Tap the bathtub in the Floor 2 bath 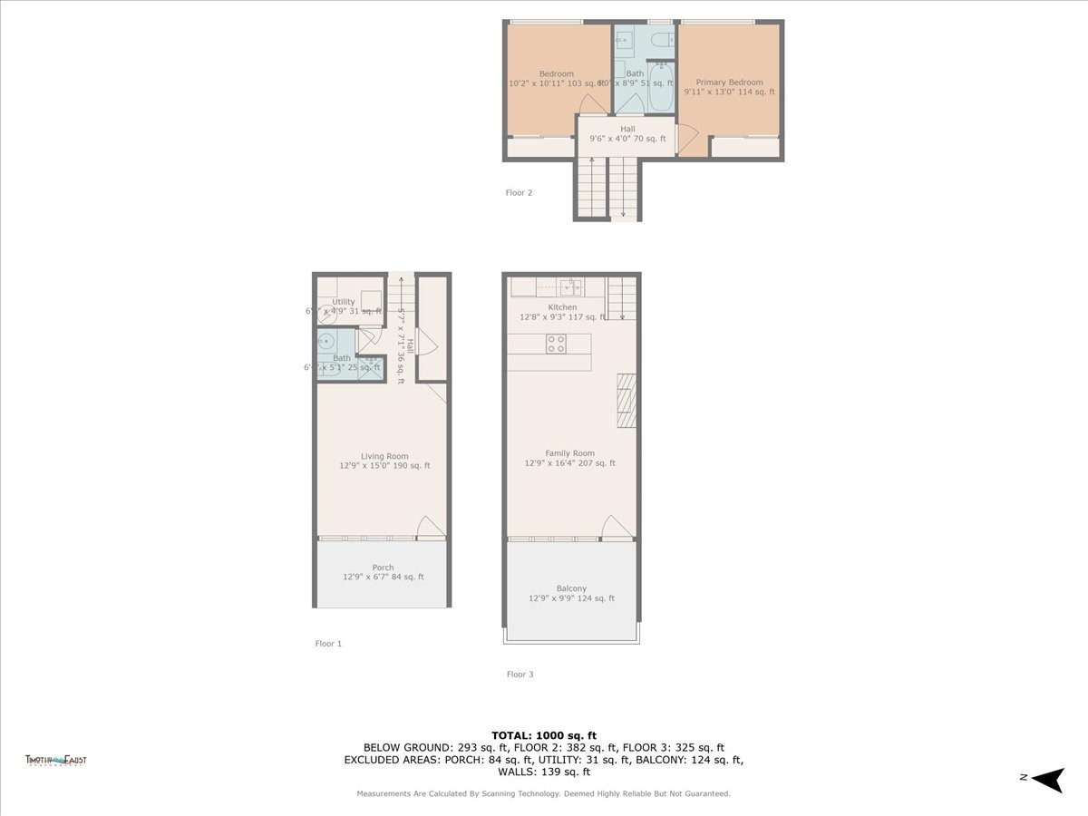[x=661, y=87]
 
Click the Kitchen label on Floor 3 [x=562, y=308]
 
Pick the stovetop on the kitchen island [x=556, y=344]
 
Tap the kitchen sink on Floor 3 [x=570, y=287]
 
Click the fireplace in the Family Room [x=627, y=400]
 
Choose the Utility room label [x=344, y=302]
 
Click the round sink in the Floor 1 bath [x=325, y=342]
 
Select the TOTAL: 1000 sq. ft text [x=544, y=735]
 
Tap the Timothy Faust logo [x=55, y=761]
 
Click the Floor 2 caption [x=519, y=192]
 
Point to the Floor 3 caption [x=520, y=674]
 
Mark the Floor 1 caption [x=328, y=643]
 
